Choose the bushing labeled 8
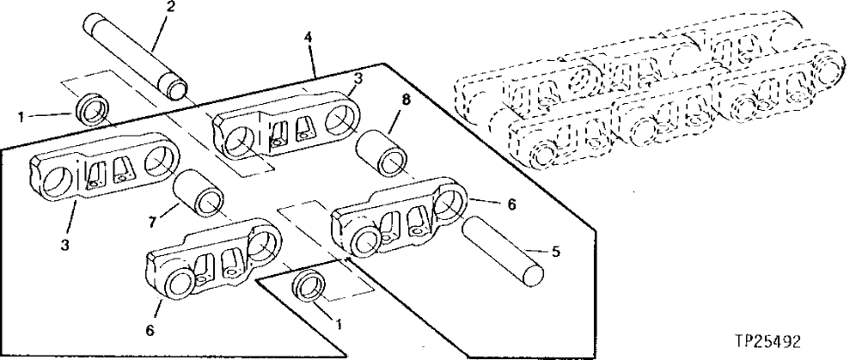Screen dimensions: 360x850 tap(383, 150)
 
